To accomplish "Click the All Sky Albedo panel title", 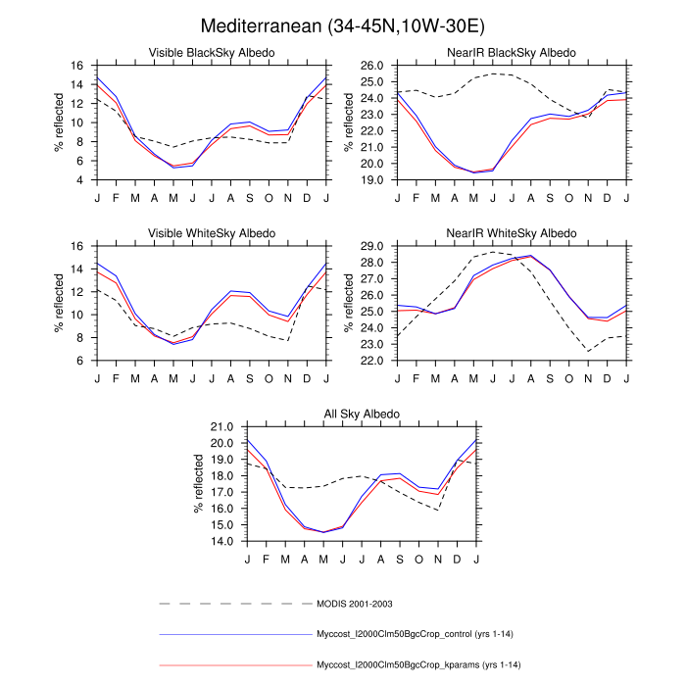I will click(362, 415).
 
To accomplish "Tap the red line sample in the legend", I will click(233, 665).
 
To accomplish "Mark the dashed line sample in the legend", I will click(233, 603).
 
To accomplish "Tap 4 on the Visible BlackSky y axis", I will click(78, 180).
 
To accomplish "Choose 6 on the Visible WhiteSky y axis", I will click(78, 361).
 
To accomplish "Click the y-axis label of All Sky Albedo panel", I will click(199, 484).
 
